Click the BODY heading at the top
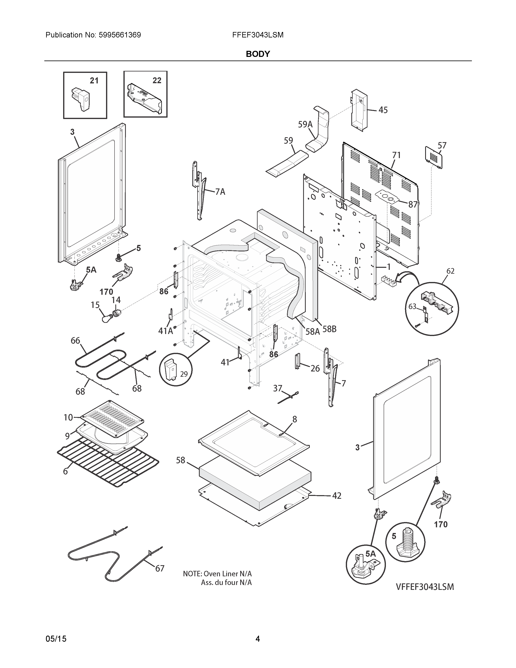click(258, 54)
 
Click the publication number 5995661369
click(120, 35)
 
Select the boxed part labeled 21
click(81, 99)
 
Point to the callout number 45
click(383, 110)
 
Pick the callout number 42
click(337, 496)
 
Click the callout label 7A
click(220, 192)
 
